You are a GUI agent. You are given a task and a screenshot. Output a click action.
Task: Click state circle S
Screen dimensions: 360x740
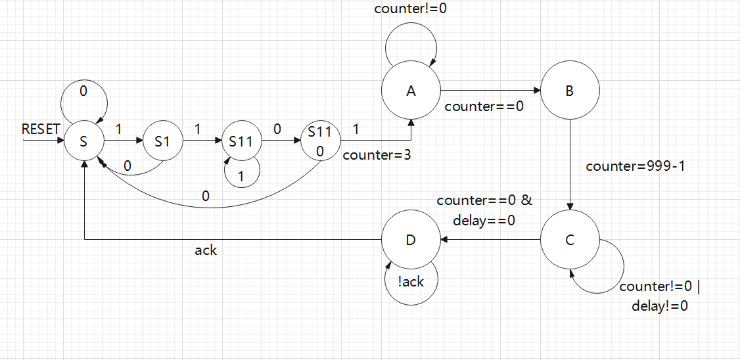click(83, 141)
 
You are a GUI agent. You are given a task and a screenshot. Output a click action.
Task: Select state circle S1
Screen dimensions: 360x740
click(162, 141)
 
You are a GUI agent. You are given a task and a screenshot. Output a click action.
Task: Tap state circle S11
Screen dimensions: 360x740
click(241, 141)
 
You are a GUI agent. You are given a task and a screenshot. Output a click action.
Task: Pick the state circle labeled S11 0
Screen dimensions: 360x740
click(319, 141)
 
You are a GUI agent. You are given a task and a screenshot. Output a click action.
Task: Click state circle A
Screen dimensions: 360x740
click(411, 91)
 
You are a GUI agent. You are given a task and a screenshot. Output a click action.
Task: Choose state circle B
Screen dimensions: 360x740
click(569, 91)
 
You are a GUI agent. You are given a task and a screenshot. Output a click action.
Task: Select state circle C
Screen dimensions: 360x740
click(569, 240)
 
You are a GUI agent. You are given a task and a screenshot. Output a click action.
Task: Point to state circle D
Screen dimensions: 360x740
click(411, 240)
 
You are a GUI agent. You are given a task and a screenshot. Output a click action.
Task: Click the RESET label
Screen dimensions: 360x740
click(41, 129)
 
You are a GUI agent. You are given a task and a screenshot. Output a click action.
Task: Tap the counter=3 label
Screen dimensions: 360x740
click(376, 156)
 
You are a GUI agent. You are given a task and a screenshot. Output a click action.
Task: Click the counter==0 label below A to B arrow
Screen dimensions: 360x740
click(484, 106)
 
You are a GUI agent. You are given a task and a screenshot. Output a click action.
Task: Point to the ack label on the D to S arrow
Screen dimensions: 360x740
click(206, 250)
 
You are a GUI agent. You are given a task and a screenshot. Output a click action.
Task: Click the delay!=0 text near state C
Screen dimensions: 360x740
click(660, 305)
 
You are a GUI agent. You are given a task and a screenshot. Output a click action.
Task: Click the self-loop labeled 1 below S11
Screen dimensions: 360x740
click(241, 172)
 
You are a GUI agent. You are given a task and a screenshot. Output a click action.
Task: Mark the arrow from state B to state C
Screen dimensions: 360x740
click(569, 164)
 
